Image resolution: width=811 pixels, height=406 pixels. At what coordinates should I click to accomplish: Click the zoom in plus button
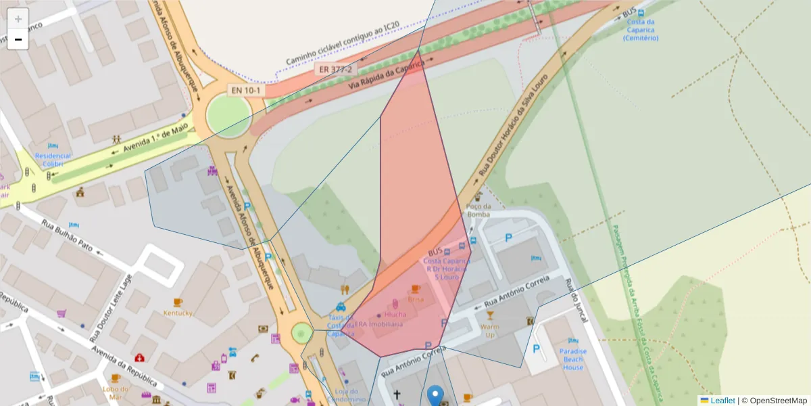point(18,19)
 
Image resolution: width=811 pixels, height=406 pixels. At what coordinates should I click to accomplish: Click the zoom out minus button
point(18,39)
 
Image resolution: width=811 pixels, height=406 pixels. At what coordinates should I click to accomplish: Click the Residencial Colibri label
point(53,159)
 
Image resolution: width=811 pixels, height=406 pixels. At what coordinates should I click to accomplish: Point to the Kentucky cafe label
point(178,313)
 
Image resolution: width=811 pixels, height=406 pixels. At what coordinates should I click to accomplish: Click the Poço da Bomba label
point(478,210)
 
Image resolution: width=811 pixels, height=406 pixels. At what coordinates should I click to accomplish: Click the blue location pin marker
point(436,395)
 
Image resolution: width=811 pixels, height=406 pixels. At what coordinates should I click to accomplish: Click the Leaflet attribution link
point(722,401)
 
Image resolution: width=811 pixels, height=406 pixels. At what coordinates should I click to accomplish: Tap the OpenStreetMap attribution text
point(778,401)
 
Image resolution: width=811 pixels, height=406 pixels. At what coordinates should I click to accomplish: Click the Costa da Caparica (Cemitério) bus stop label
point(641,30)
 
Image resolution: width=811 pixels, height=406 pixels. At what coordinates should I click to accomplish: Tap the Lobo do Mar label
point(116,392)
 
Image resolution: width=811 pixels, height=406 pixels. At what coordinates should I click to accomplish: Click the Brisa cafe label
point(416,298)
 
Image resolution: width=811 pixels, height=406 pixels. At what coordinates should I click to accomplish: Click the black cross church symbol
point(397,394)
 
